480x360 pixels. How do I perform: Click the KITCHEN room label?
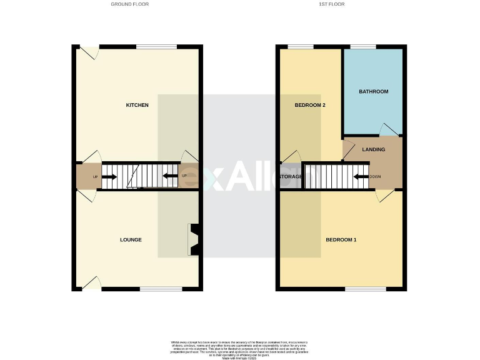click(137, 105)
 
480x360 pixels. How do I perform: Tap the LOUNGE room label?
click(131, 239)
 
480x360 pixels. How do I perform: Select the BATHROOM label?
click(373, 92)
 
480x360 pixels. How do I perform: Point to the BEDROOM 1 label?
click(341, 239)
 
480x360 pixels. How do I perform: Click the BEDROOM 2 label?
click(310, 105)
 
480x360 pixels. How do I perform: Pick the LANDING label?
click(373, 149)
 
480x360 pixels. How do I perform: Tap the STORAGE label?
click(291, 177)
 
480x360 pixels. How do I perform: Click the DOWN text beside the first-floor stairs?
click(376, 177)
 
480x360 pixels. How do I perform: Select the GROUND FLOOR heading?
click(129, 4)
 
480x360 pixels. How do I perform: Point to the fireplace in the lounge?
click(194, 239)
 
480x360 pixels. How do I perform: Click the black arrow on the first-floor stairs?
click(361, 177)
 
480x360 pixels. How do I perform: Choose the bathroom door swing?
click(389, 129)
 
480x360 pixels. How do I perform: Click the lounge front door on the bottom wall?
click(91, 283)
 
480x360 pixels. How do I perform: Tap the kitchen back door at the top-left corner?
click(91, 52)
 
